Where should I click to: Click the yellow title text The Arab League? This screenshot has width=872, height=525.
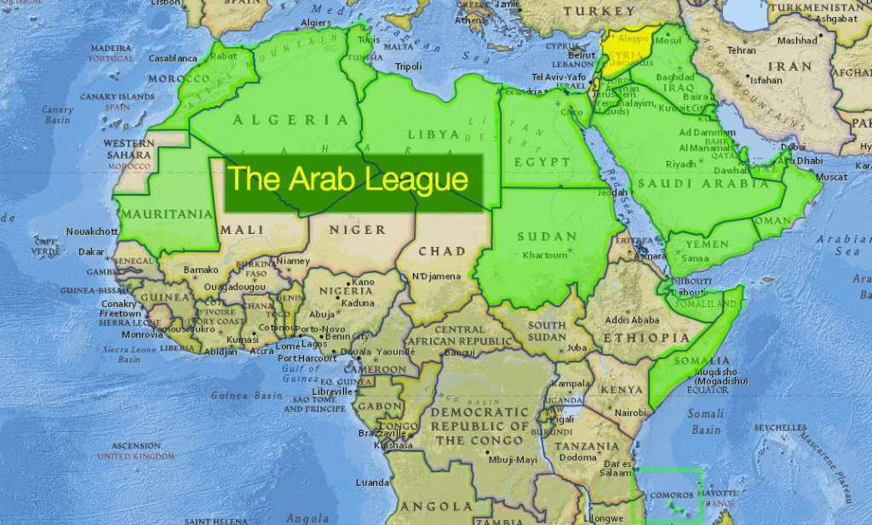pyautogui.click(x=348, y=180)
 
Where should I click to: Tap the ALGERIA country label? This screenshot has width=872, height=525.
pyautogui.click(x=291, y=120)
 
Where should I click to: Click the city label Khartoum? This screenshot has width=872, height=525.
pyautogui.click(x=544, y=254)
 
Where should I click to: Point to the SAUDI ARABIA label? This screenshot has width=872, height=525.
pyautogui.click(x=714, y=183)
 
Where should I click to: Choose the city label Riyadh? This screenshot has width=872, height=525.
pyautogui.click(x=681, y=164)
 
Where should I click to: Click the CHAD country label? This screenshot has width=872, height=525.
pyautogui.click(x=442, y=251)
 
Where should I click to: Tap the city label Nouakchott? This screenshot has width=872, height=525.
pyautogui.click(x=92, y=231)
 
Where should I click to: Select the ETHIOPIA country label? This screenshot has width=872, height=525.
pyautogui.click(x=648, y=338)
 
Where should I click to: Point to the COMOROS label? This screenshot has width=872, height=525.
pyautogui.click(x=671, y=495)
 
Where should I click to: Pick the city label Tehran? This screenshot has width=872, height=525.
pyautogui.click(x=741, y=50)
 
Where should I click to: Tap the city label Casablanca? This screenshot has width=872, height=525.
pyautogui.click(x=173, y=59)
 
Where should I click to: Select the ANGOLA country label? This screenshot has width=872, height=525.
pyautogui.click(x=437, y=506)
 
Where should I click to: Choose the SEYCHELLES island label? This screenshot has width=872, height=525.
pyautogui.click(x=780, y=427)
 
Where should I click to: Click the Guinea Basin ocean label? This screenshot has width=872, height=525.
pyautogui.click(x=246, y=396)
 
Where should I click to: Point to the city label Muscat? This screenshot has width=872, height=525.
pyautogui.click(x=831, y=177)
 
